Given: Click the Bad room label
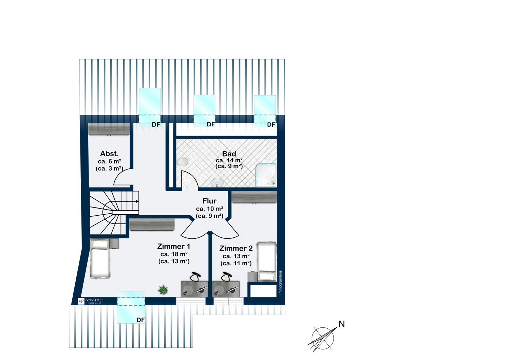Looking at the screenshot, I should [229, 154].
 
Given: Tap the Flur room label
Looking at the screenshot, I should [209, 201].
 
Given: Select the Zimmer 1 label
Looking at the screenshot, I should [173, 247].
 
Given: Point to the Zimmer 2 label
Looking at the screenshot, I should [236, 249].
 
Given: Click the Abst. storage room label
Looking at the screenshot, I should [109, 154].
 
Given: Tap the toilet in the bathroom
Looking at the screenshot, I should [183, 161].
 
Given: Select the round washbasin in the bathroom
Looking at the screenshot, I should [217, 183].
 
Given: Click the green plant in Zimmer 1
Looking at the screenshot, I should [163, 290].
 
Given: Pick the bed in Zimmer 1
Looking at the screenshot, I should [100, 258].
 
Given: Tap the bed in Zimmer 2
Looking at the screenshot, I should [266, 261].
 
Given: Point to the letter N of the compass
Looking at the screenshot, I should [342, 324].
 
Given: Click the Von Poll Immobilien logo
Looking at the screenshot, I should [91, 301].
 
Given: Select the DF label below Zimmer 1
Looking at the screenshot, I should [140, 320].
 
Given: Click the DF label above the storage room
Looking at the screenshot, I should [156, 125].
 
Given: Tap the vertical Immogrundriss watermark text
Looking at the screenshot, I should [280, 283].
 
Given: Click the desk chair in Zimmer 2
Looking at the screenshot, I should [225, 277].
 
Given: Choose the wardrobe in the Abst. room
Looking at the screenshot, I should [109, 129].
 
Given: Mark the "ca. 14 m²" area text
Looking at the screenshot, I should [229, 160].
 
